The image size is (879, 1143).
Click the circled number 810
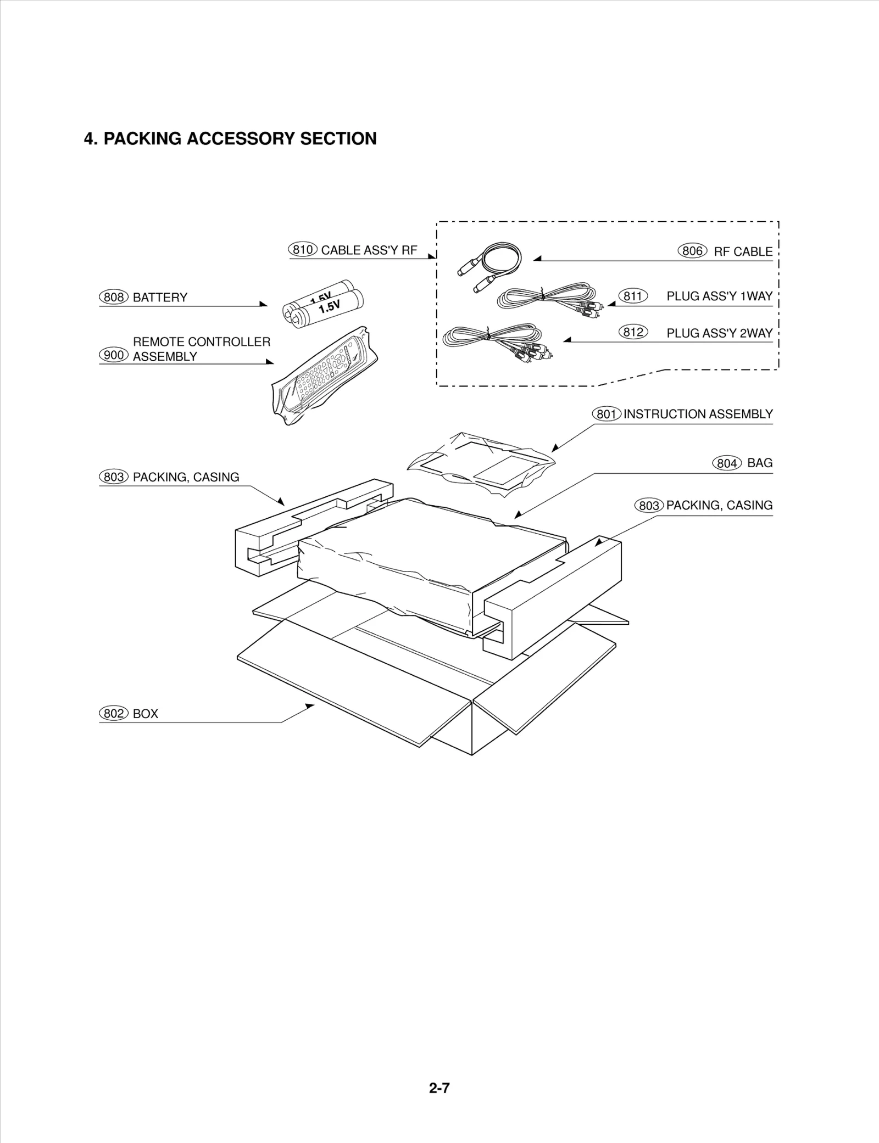point(303,250)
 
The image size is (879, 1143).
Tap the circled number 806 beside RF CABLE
point(692,251)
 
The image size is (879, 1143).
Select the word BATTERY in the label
point(160,298)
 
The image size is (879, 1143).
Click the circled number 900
point(114,355)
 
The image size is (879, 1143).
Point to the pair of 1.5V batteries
point(324,304)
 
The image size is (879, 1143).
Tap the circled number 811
point(633,296)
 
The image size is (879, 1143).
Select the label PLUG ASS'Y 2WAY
point(719,333)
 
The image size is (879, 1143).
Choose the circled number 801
point(607,414)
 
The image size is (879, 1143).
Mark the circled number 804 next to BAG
point(727,463)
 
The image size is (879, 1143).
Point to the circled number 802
point(114,714)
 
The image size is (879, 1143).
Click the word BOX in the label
point(146,714)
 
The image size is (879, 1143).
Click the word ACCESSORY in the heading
point(242,138)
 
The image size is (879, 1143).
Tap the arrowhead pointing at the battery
point(264,304)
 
